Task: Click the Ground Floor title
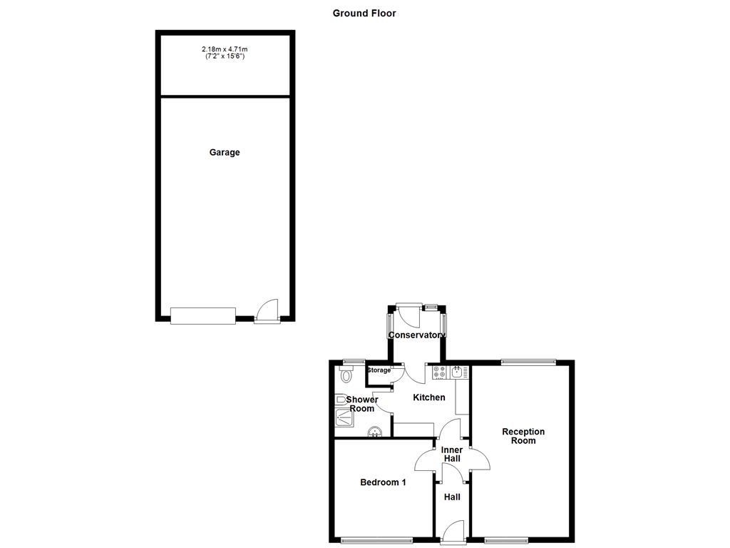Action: [364, 13]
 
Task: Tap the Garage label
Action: [225, 152]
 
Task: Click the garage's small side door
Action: [267, 312]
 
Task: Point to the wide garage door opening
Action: [203, 315]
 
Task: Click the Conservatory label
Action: [416, 335]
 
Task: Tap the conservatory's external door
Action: [409, 313]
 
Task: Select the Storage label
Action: [379, 370]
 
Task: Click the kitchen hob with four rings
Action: [440, 372]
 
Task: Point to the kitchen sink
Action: [458, 371]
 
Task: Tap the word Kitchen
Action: [429, 397]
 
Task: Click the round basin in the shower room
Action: [374, 431]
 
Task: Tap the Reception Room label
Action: [523, 436]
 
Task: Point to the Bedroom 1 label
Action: [383, 482]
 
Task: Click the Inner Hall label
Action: [452, 454]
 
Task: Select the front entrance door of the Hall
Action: [452, 532]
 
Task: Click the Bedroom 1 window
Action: [376, 539]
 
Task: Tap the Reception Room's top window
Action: [528, 362]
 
